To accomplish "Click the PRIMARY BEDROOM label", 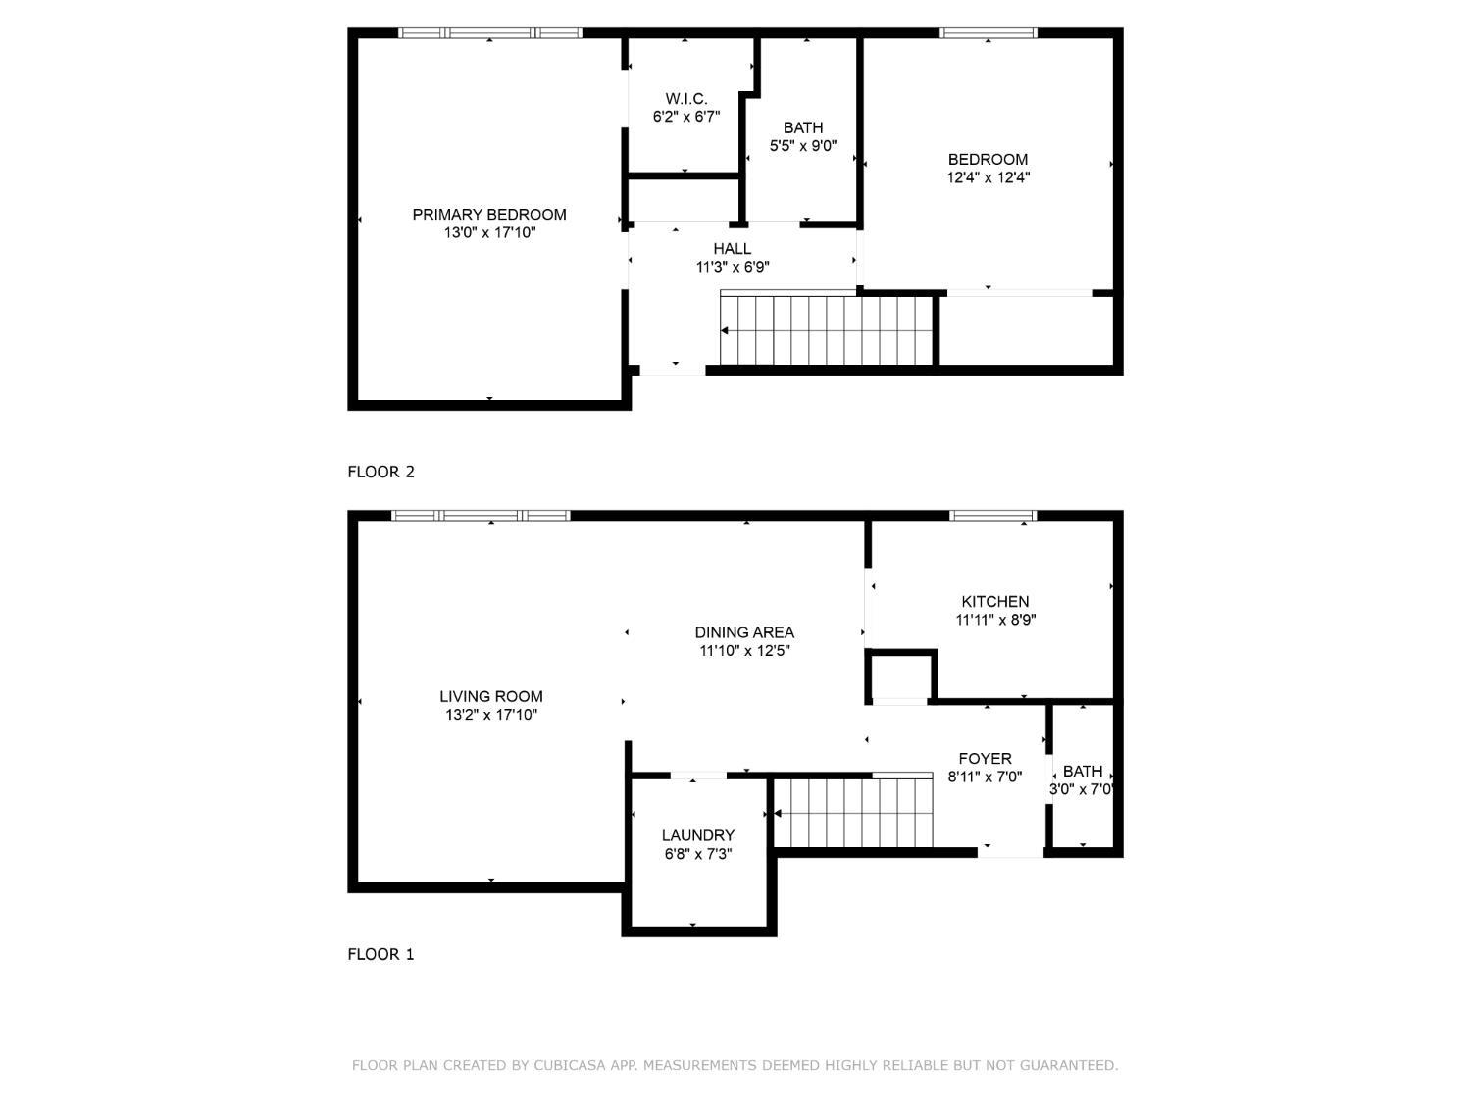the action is (x=489, y=215).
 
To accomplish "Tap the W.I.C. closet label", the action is (x=686, y=99).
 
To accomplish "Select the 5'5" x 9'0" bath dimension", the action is (x=803, y=146).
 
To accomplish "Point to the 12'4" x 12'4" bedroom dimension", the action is (x=988, y=177).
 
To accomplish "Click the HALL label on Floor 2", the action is (x=732, y=248).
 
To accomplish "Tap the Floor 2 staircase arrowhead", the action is (x=725, y=330).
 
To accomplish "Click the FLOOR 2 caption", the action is (x=380, y=473).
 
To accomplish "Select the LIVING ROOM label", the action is (x=491, y=696).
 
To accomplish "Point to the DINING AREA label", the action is (x=744, y=632).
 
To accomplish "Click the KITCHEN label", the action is (x=995, y=601).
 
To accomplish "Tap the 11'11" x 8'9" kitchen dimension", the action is (x=995, y=621).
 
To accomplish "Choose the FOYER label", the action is (x=986, y=758).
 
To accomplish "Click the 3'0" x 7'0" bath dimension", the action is (x=1082, y=789).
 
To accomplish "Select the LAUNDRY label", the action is (x=698, y=835).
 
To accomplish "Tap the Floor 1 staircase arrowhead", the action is (x=778, y=813).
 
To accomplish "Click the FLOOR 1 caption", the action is (x=380, y=954).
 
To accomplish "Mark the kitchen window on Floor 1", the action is (x=993, y=515).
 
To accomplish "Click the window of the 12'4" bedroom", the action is (x=989, y=32).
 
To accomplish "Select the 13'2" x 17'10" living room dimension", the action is (x=491, y=715).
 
